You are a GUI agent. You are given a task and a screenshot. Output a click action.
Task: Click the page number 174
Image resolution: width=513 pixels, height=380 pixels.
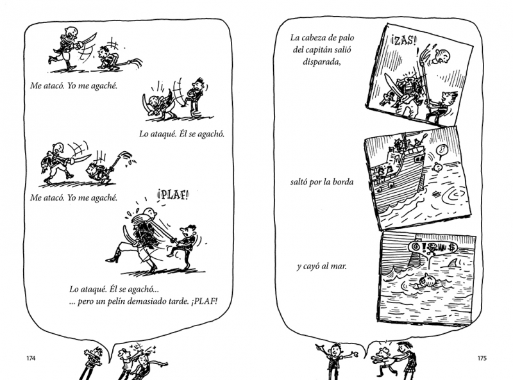point(31,358)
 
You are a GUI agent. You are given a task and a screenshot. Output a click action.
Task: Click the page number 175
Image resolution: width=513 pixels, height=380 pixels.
point(482,358)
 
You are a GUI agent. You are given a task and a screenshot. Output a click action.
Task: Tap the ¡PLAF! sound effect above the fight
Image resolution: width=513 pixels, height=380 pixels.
point(173,195)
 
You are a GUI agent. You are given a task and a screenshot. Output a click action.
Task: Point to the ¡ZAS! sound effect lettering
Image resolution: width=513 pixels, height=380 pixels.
point(404,40)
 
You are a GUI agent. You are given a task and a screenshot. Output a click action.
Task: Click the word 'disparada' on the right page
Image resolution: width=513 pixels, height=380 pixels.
point(321,62)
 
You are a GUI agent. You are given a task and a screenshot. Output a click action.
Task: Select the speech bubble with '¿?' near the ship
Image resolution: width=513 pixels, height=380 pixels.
point(442,151)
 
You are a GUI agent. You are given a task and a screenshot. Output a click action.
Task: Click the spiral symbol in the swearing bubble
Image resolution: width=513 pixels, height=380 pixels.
point(417,246)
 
